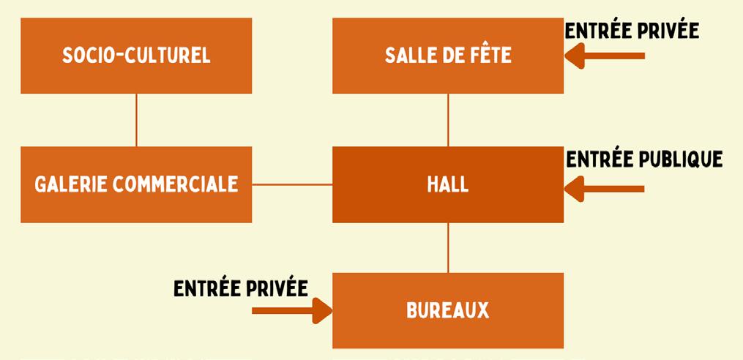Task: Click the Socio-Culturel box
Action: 136,56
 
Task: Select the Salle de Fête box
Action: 448,56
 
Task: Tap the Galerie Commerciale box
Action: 136,184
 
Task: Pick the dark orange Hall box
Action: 448,184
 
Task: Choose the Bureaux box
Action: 448,310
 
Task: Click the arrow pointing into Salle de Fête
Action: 605,56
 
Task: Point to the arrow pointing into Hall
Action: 605,189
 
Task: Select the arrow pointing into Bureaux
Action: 293,310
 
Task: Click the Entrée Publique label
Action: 644,159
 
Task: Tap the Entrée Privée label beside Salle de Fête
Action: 632,31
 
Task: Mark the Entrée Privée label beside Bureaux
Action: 241,288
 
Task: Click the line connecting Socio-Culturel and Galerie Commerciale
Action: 136,120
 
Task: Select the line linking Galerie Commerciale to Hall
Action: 292,184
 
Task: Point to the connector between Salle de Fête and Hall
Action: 448,120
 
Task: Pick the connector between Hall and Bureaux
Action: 448,247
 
